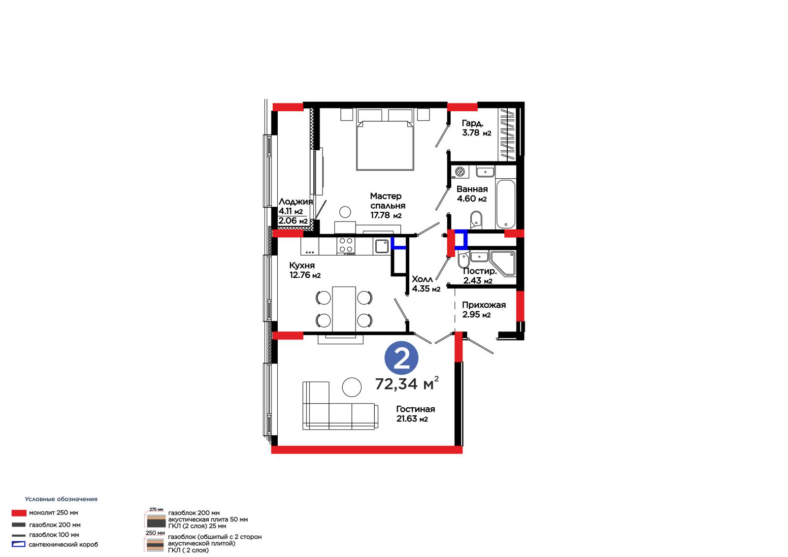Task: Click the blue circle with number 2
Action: point(401,358)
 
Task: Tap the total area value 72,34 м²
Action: point(407,384)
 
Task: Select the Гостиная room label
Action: point(416,409)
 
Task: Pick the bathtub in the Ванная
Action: point(505,204)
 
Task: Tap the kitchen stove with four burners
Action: point(346,245)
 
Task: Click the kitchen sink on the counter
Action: point(381,246)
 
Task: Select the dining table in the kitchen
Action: point(344,309)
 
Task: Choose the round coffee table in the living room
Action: point(352,387)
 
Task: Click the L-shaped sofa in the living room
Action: point(340,405)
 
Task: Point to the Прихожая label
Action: point(484,305)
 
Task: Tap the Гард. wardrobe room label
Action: point(472,123)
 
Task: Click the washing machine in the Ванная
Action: point(460,172)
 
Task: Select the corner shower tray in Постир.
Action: point(503,263)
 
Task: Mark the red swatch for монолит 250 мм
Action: point(19,513)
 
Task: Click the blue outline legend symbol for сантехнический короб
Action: point(19,544)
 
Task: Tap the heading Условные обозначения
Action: point(61,499)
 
